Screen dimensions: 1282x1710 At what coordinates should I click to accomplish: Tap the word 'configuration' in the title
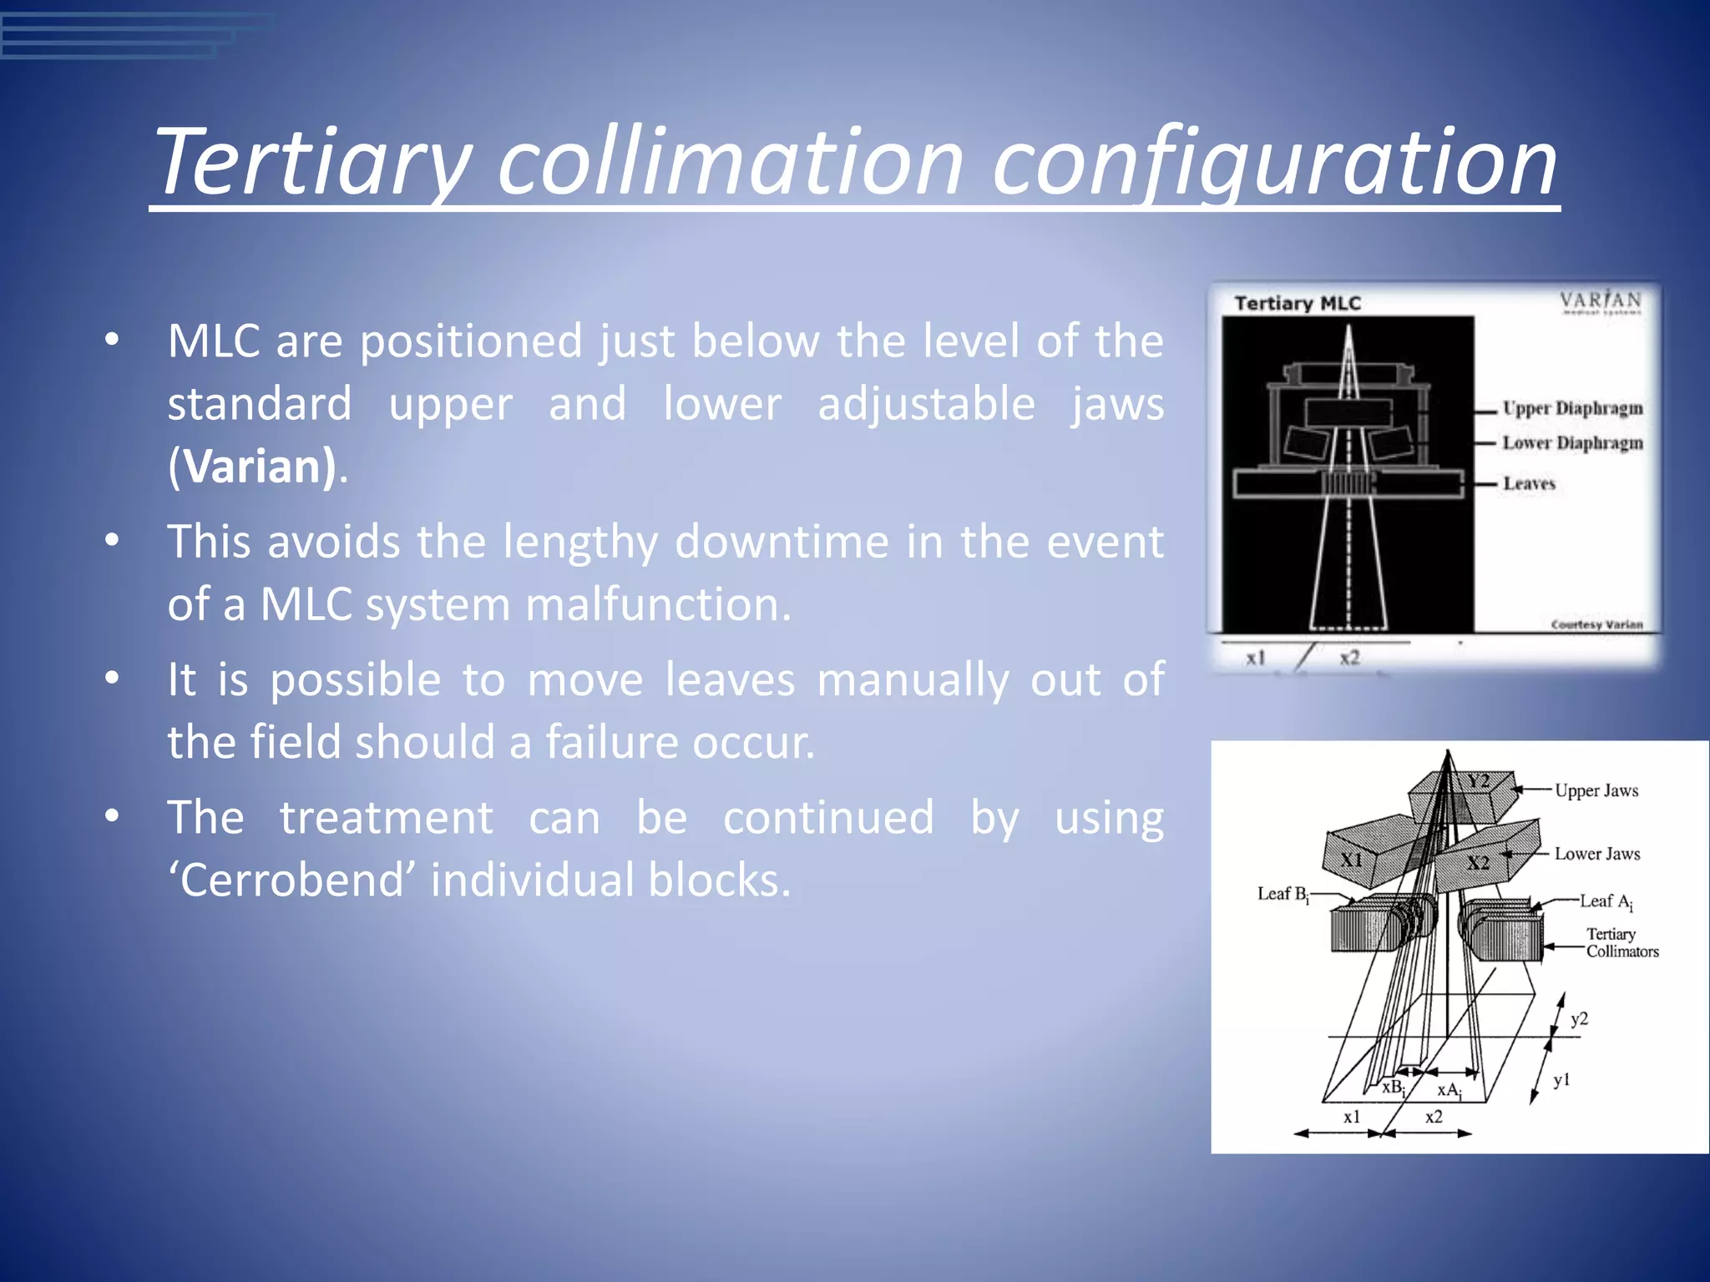[x=1274, y=163]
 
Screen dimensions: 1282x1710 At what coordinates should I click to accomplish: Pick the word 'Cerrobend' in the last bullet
[x=298, y=880]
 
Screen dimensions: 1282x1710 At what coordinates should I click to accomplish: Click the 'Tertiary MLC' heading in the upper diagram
[x=1298, y=304]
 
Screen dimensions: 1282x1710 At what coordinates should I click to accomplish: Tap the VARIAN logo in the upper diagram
[x=1601, y=301]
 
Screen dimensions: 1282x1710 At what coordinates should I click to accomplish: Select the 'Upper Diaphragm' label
[x=1572, y=408]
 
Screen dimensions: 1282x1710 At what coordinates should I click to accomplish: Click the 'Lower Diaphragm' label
[x=1572, y=443]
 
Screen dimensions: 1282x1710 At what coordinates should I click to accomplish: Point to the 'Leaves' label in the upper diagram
[x=1529, y=484]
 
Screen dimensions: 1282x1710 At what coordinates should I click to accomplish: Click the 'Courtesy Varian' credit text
[x=1596, y=624]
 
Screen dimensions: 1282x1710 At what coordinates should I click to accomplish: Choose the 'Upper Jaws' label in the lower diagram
[x=1596, y=790]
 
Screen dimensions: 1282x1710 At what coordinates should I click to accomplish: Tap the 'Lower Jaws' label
[x=1596, y=854]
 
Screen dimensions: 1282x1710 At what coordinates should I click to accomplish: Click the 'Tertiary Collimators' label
[x=1621, y=943]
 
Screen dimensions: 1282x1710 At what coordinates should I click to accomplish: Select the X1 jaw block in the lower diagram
[x=1351, y=860]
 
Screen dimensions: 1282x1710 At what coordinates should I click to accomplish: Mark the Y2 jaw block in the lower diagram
[x=1478, y=782]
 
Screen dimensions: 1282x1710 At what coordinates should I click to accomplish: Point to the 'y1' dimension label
[x=1561, y=1081]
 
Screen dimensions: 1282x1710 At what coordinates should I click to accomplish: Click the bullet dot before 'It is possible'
[x=112, y=679]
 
